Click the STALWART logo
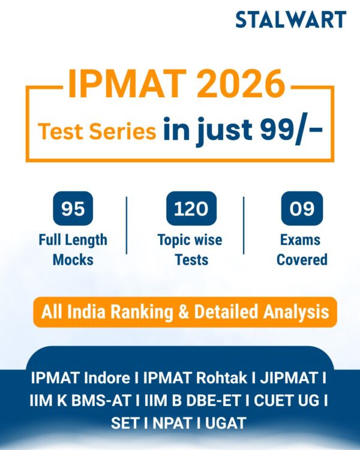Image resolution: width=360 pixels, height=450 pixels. pyautogui.click(x=290, y=20)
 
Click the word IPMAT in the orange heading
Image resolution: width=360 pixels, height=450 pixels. pyautogui.click(x=118, y=85)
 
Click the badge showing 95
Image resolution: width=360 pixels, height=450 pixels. pyautogui.click(x=73, y=209)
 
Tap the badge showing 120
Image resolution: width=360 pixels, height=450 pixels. pyautogui.click(x=191, y=209)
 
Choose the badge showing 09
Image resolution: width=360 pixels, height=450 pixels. pyautogui.click(x=302, y=209)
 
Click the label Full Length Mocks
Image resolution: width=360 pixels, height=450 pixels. pyautogui.click(x=73, y=250)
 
